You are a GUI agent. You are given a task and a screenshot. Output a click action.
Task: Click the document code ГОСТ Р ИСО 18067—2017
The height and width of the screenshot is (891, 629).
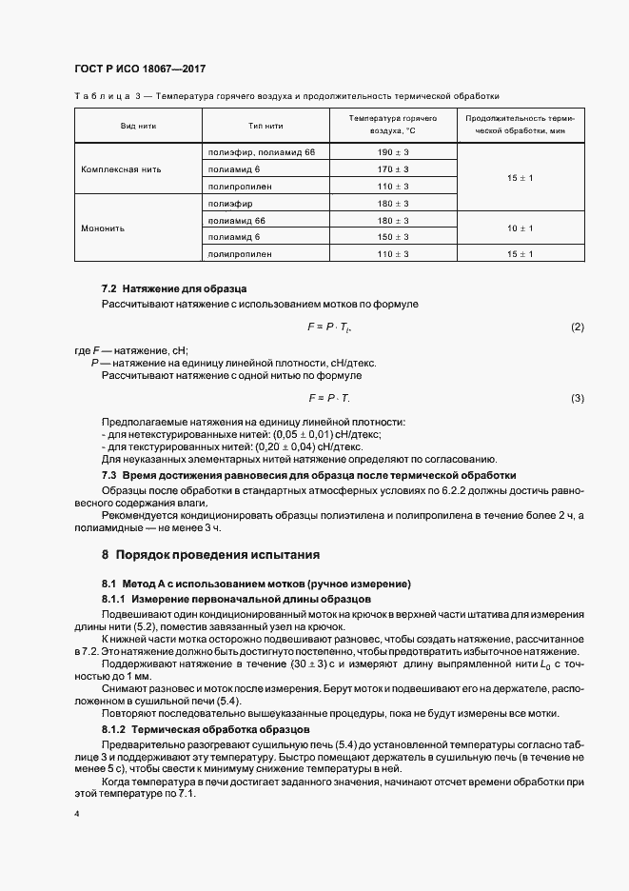click(x=140, y=70)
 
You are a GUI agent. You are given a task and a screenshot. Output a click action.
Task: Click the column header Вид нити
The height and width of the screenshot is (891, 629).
click(x=139, y=126)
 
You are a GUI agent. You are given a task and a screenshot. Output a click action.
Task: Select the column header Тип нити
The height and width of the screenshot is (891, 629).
click(x=265, y=126)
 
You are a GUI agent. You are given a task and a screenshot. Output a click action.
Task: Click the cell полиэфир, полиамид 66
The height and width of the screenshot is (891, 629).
click(x=261, y=152)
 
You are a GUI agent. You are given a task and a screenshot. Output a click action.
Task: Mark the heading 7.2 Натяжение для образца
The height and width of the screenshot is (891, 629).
click(x=174, y=287)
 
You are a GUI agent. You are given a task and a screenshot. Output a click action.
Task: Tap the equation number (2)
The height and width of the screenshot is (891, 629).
click(x=578, y=327)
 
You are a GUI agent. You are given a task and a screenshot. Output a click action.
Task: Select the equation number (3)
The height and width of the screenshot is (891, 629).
click(x=578, y=397)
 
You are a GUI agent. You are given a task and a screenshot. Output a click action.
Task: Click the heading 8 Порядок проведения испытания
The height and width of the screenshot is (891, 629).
click(x=210, y=554)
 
